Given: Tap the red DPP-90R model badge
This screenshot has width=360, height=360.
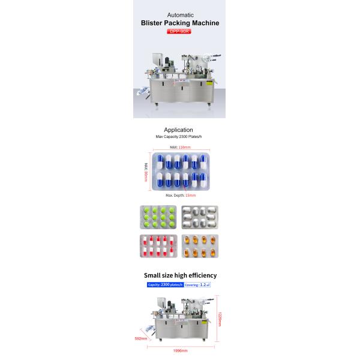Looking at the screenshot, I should click(x=179, y=32).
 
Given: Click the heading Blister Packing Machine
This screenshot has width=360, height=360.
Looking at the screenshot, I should click(x=179, y=23).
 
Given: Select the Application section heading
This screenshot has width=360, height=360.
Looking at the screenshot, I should click(x=178, y=130).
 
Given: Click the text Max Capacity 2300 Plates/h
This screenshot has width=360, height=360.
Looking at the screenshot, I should click(x=178, y=137).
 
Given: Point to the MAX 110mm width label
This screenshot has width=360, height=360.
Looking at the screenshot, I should click(x=179, y=147).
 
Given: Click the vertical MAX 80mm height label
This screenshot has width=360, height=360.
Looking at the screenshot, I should click(x=146, y=172).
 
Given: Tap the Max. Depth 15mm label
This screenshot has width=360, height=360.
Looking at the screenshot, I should click(x=181, y=195).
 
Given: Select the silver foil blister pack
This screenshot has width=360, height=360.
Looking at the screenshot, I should click(x=200, y=217).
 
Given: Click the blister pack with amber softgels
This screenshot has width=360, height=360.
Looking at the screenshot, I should click(x=200, y=246).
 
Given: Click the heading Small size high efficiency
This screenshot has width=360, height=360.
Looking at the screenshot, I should click(x=179, y=275).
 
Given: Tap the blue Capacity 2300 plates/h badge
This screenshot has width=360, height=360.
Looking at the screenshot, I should click(x=165, y=284).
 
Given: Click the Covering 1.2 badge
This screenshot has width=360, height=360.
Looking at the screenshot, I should click(x=197, y=284).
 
